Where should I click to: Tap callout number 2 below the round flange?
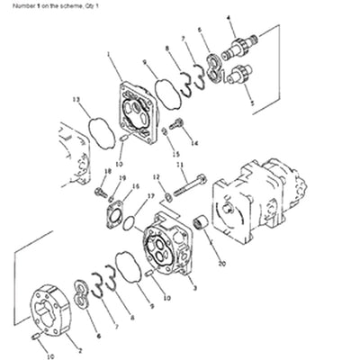point(80,352)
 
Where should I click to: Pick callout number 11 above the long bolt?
point(179,166)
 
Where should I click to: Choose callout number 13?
point(76,98)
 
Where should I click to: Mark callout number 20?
point(221,265)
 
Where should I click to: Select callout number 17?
point(150,196)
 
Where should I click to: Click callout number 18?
point(106,169)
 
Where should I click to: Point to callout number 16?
point(136,187)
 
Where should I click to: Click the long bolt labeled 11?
point(187,192)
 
